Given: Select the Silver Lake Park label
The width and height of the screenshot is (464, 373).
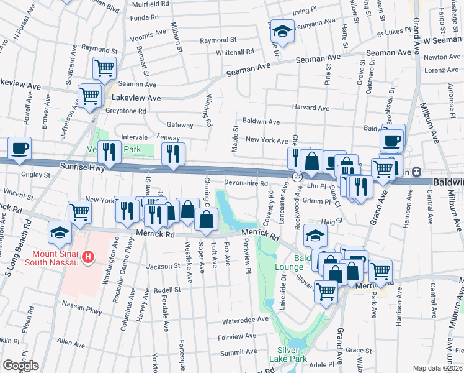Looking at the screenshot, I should click(x=288, y=354).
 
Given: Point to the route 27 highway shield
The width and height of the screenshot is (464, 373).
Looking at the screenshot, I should click(x=297, y=177).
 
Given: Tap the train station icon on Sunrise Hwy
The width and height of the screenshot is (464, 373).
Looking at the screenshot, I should click(x=417, y=172).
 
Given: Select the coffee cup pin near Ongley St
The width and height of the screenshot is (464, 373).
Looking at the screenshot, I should click(x=19, y=148).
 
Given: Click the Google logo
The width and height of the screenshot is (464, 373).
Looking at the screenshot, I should click(x=20, y=366).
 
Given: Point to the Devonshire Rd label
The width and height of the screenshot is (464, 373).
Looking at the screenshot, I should click(x=245, y=184).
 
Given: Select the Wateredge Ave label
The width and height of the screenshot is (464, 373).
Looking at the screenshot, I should click(x=246, y=321).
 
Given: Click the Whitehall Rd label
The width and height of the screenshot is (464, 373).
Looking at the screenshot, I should click(x=235, y=52).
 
